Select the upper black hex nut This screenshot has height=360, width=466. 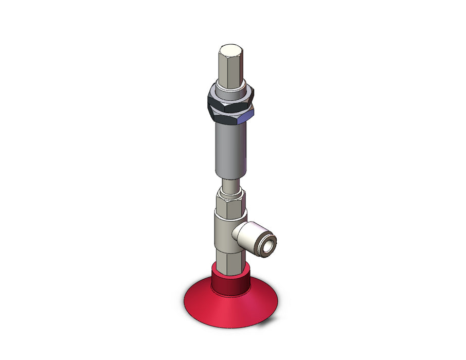coord(228,98)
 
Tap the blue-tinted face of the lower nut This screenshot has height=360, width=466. coord(246,118)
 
